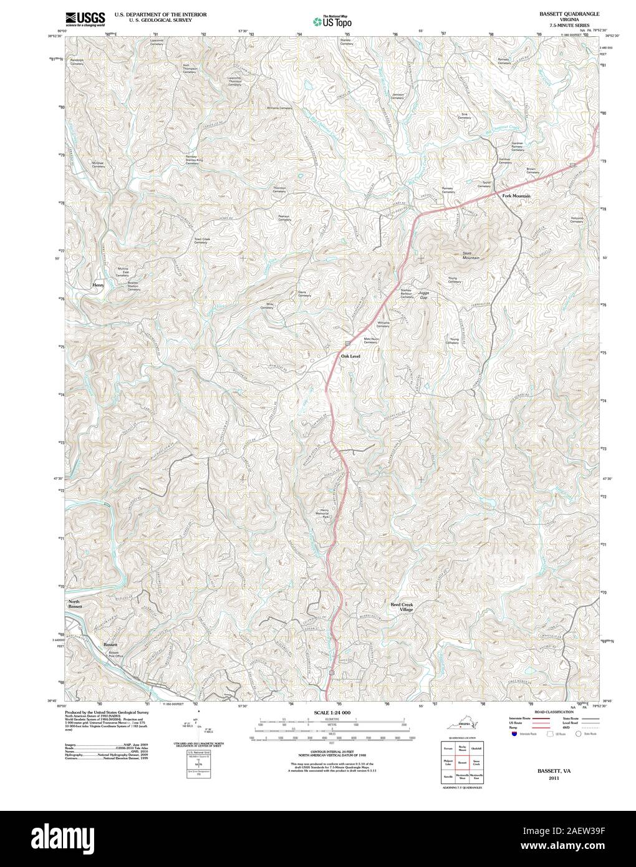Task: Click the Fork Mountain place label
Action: [x=516, y=196]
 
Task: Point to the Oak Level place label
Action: [x=350, y=356]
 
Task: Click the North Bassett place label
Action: [x=75, y=603]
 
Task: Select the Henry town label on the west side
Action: [x=97, y=285]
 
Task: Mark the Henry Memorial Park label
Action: [x=324, y=513]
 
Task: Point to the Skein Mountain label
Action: [x=471, y=255]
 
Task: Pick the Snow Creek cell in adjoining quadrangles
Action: [x=478, y=762]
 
